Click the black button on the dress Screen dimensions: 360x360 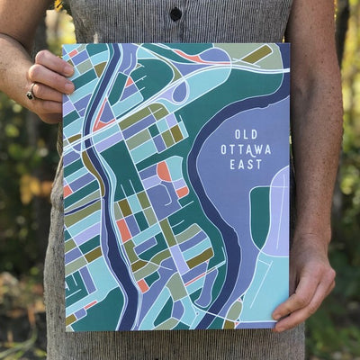tap(176, 14)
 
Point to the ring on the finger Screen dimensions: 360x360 tap(31, 92)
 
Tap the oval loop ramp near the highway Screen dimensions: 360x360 tap(180, 90)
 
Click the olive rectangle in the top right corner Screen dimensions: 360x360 tap(257, 54)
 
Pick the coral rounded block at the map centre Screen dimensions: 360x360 tap(164, 170)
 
